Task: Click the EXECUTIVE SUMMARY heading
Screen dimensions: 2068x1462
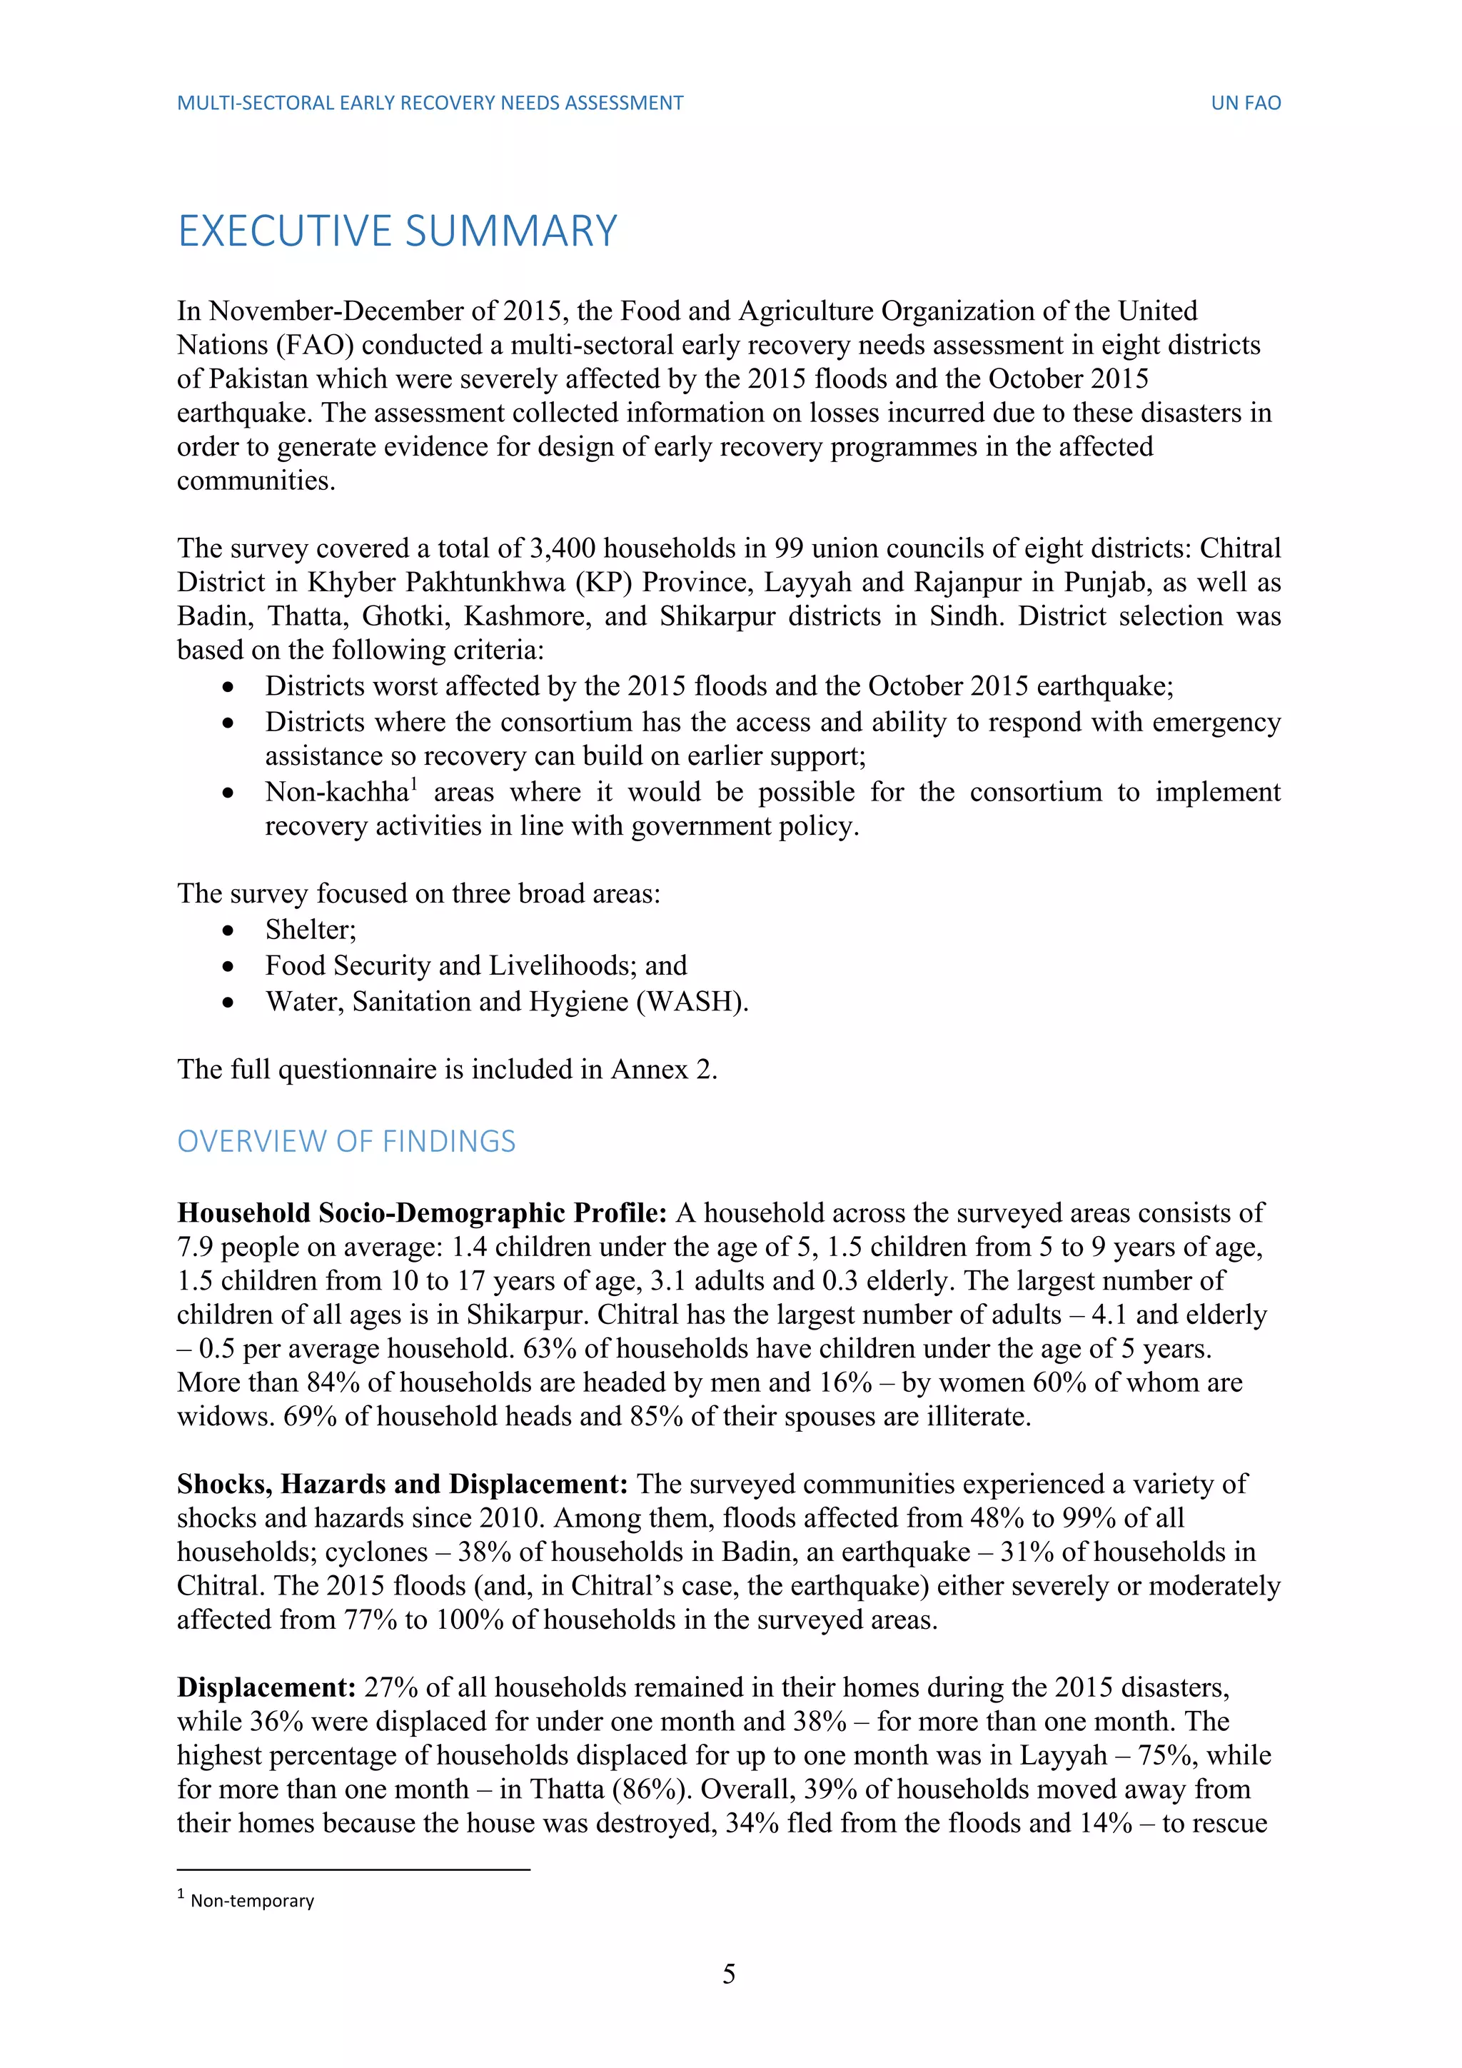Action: [x=397, y=231]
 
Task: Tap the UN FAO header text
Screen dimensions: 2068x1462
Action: [x=1245, y=103]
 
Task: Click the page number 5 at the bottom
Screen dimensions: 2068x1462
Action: [x=729, y=1974]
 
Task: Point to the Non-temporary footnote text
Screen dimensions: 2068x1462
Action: [x=252, y=1900]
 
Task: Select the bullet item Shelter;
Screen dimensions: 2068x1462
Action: [x=311, y=930]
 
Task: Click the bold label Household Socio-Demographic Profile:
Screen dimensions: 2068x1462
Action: [x=421, y=1213]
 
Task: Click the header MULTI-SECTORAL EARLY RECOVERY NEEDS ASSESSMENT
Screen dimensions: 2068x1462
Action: [x=430, y=103]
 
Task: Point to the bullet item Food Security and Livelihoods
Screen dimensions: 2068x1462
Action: [x=475, y=965]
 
